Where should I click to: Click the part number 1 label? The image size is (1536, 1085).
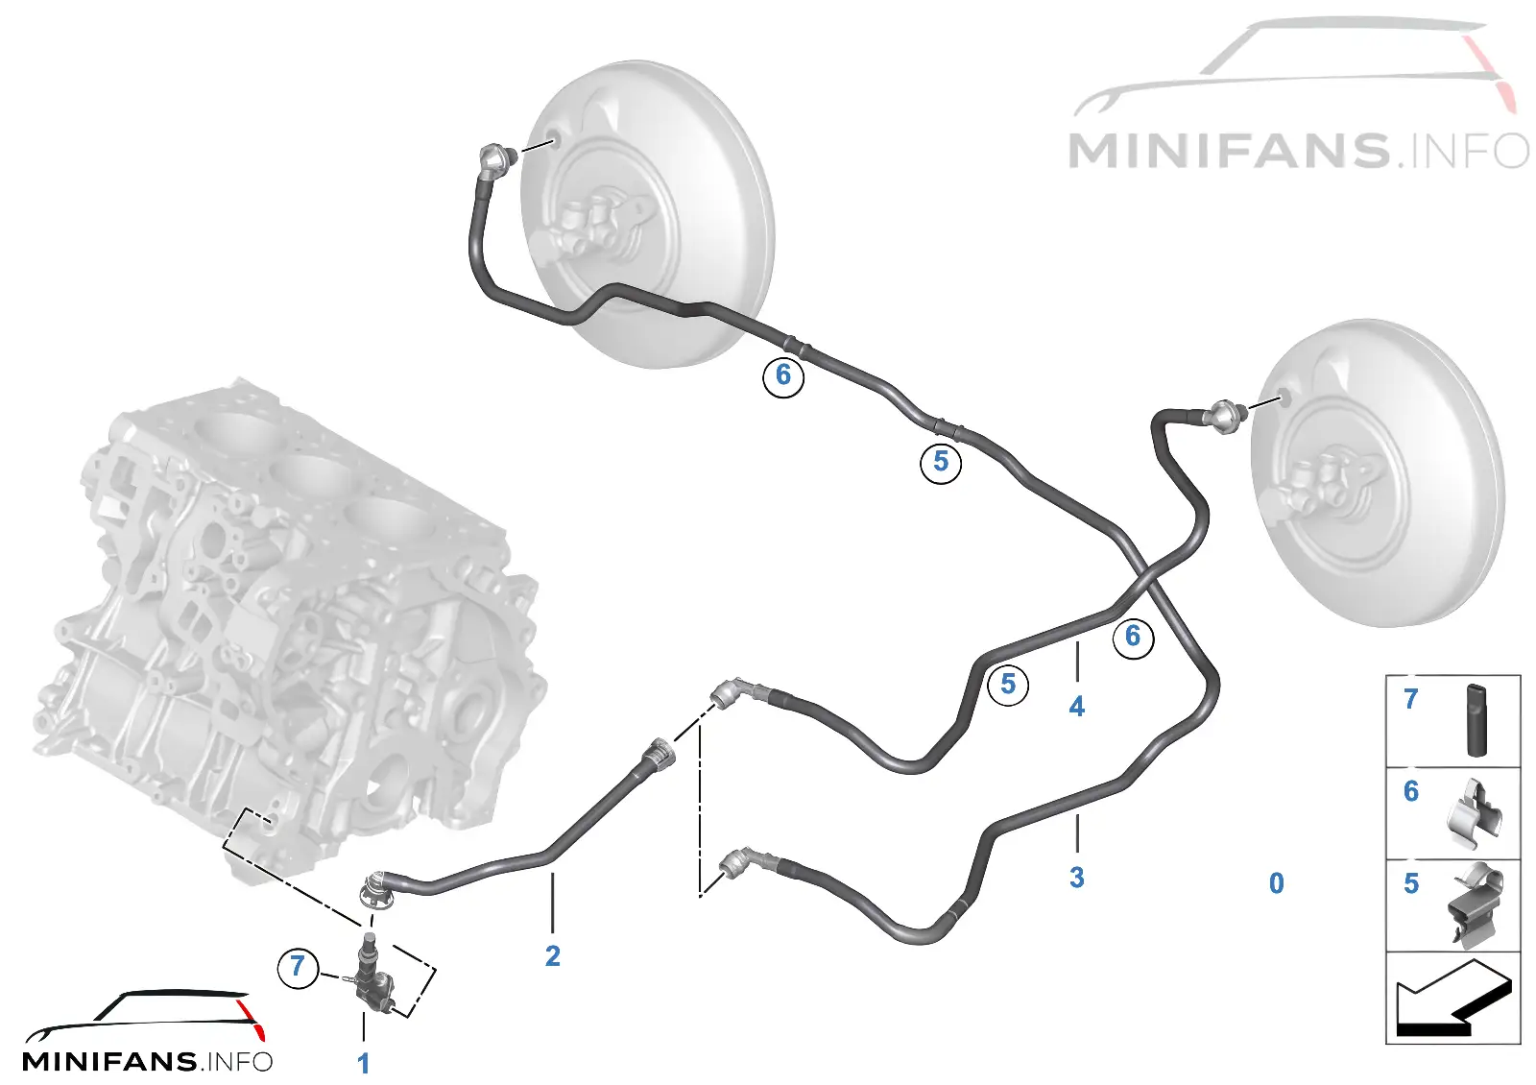(364, 1064)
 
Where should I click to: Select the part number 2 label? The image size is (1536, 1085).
(553, 956)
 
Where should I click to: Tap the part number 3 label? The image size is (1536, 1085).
(1076, 878)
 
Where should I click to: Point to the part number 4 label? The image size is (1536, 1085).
(1076, 707)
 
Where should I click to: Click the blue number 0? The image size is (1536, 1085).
(1276, 883)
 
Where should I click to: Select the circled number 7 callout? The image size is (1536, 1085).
(298, 967)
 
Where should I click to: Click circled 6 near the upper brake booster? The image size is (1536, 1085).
(783, 375)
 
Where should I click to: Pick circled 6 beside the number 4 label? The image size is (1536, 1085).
(1133, 638)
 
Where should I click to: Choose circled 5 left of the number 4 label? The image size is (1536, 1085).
(1008, 684)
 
